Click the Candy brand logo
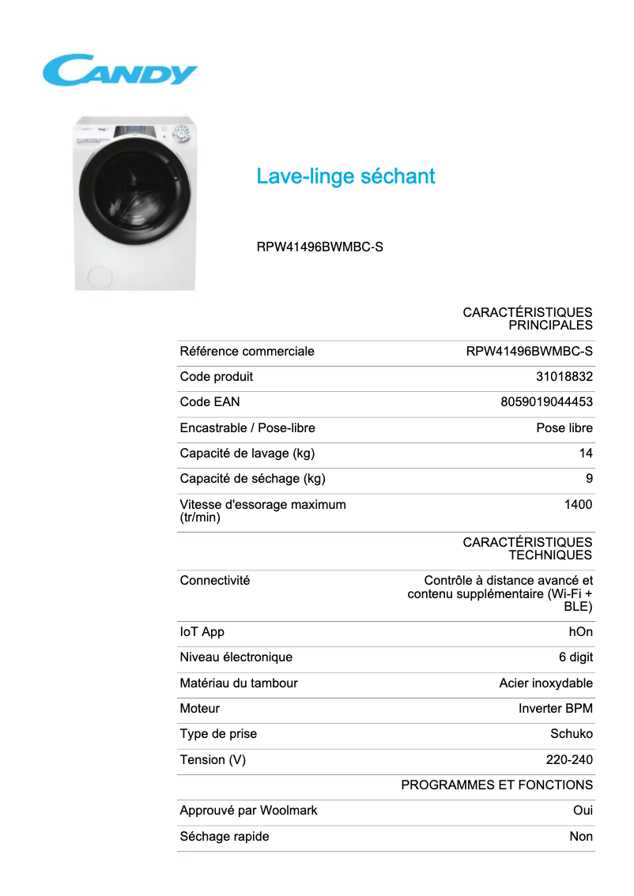pyautogui.click(x=119, y=70)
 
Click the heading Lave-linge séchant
pyautogui.click(x=345, y=176)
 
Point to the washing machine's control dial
pyautogui.click(x=182, y=135)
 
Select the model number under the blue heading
pyautogui.click(x=319, y=247)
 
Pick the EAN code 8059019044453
pyautogui.click(x=546, y=402)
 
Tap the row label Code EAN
pyautogui.click(x=209, y=402)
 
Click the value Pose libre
pyautogui.click(x=564, y=428)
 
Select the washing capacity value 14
pyautogui.click(x=586, y=454)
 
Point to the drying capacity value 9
pyautogui.click(x=589, y=479)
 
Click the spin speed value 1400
pyautogui.click(x=578, y=504)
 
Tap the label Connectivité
pyautogui.click(x=214, y=581)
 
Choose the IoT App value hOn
pyautogui.click(x=580, y=632)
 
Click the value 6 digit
pyautogui.click(x=576, y=657)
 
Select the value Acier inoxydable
pyautogui.click(x=545, y=683)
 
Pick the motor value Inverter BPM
pyautogui.click(x=555, y=709)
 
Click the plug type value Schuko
pyautogui.click(x=571, y=734)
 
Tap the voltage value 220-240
pyautogui.click(x=568, y=760)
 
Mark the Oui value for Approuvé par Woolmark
pyautogui.click(x=583, y=811)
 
